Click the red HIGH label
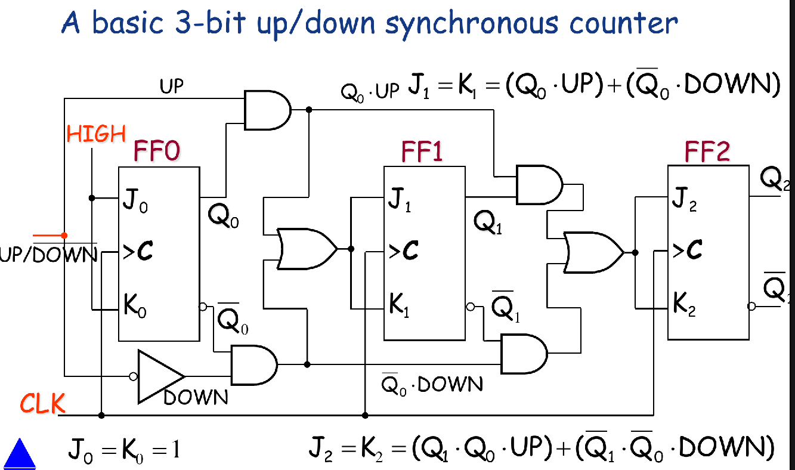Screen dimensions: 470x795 tap(96, 134)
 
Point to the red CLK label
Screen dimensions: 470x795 tap(42, 404)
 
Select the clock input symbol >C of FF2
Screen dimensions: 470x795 tap(687, 252)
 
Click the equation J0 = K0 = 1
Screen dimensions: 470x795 tap(123, 449)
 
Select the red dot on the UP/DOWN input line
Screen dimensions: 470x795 tap(64, 236)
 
